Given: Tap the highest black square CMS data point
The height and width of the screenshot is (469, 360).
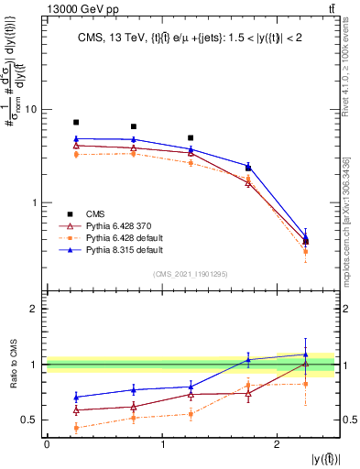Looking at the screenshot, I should point(76,122).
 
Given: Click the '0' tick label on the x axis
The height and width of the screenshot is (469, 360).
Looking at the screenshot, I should point(47,443).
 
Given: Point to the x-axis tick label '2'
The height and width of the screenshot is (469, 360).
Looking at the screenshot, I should point(277,443).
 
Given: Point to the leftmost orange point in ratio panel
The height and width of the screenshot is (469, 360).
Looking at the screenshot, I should point(76,428).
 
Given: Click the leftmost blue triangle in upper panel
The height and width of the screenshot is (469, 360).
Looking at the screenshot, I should point(76,139).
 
